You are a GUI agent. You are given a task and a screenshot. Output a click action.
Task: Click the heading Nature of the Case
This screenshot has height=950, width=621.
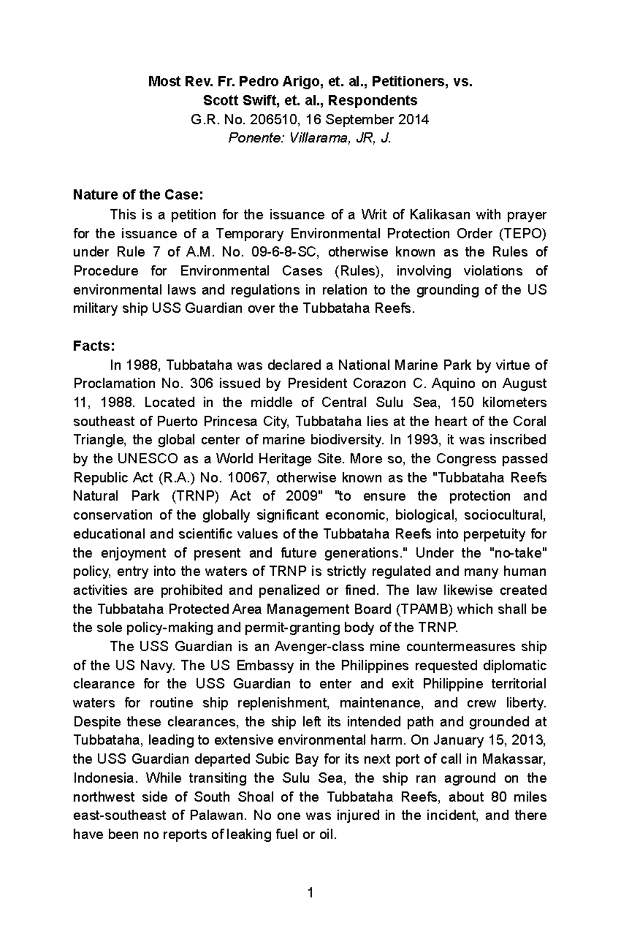pyautogui.click(x=139, y=195)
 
